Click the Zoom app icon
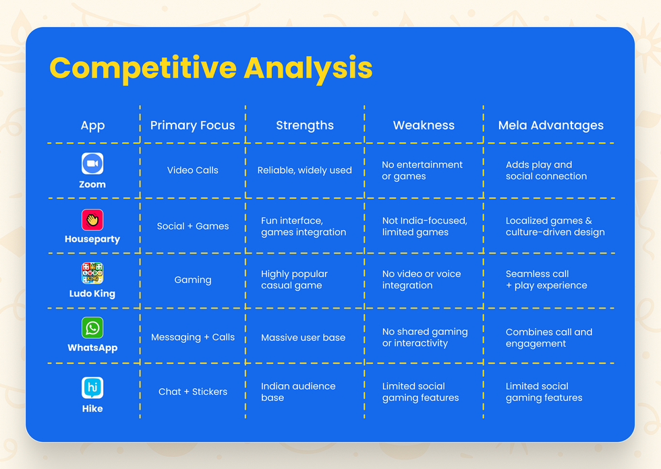pyautogui.click(x=92, y=163)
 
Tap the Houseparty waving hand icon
pyautogui.click(x=92, y=220)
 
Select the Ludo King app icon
pyautogui.click(x=92, y=273)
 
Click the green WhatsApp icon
pyautogui.click(x=92, y=327)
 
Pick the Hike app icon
pyautogui.click(x=92, y=387)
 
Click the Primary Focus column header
pyautogui.click(x=193, y=125)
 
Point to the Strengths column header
pyautogui.click(x=305, y=125)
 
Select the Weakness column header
pyautogui.click(x=424, y=125)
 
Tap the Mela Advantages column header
pyautogui.click(x=550, y=125)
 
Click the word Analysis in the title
pyautogui.click(x=308, y=69)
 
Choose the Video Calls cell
pyautogui.click(x=193, y=170)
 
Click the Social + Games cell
pyautogui.click(x=193, y=226)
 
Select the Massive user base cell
pyautogui.click(x=303, y=338)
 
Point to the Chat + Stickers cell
pyautogui.click(x=193, y=392)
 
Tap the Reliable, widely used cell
pyautogui.click(x=304, y=170)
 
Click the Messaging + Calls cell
pyautogui.click(x=193, y=338)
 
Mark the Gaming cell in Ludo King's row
pyautogui.click(x=193, y=280)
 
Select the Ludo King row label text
pyautogui.click(x=92, y=294)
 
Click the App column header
pyautogui.click(x=93, y=126)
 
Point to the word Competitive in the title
pyautogui.click(x=143, y=69)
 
